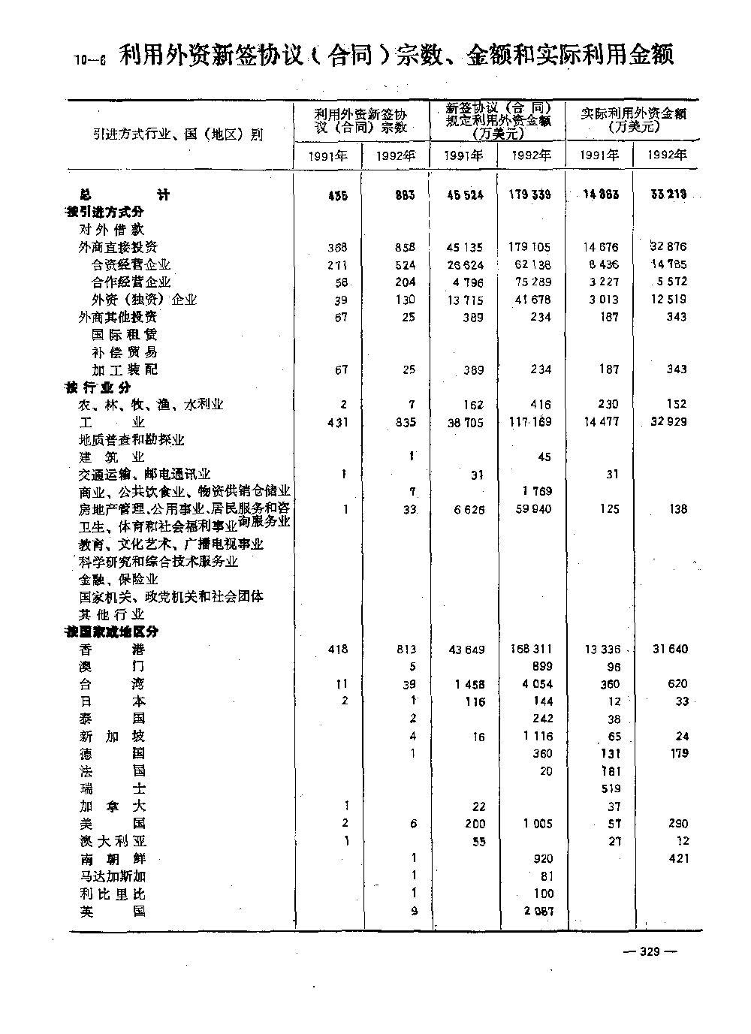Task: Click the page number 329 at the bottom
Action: coord(649,951)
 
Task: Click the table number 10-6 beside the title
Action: coord(91,60)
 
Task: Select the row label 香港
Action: coord(113,649)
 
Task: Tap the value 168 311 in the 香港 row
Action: coord(530,649)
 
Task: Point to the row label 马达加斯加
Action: coord(113,876)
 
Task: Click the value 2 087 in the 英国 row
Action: coord(538,912)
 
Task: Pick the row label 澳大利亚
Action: coord(113,841)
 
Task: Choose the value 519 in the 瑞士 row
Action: coord(611,788)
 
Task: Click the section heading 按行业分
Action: coord(98,387)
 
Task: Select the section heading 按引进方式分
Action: coord(104,213)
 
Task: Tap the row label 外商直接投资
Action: coord(118,247)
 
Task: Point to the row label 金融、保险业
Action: coord(119,579)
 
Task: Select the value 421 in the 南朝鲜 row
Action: coord(678,858)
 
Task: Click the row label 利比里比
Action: coord(113,894)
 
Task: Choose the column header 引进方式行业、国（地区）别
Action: coord(179,135)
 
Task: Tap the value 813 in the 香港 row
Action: coord(406,649)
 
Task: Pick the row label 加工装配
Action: coord(125,369)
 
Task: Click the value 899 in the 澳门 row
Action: coord(541,666)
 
